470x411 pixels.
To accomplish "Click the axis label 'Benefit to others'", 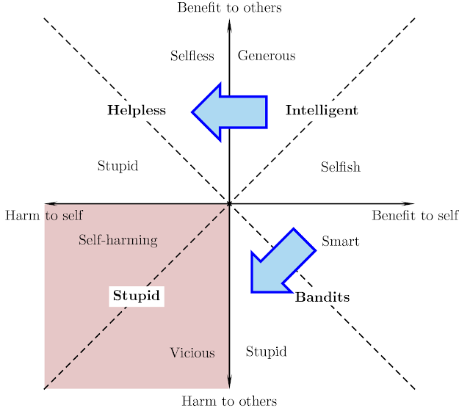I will [x=229, y=8].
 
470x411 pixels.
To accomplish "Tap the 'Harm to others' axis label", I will [x=229, y=401].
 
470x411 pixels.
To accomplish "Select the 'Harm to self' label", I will [x=44, y=216].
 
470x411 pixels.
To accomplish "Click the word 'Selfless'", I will [x=192, y=56].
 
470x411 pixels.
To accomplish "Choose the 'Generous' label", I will [x=267, y=56].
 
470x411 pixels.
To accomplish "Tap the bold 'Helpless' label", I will [x=137, y=111].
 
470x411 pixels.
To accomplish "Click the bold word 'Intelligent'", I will [x=322, y=111].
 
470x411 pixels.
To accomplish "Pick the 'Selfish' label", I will [x=341, y=167].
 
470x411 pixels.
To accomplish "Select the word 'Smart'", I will [x=341, y=241].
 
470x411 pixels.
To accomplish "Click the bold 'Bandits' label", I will [x=322, y=298].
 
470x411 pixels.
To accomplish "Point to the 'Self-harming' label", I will [x=118, y=240].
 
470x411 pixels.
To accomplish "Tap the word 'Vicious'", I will [x=192, y=353].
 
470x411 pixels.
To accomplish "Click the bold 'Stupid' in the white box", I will [x=137, y=297].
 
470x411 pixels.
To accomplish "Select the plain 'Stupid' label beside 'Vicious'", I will [x=266, y=352].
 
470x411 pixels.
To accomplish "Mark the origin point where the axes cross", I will [x=230, y=203].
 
